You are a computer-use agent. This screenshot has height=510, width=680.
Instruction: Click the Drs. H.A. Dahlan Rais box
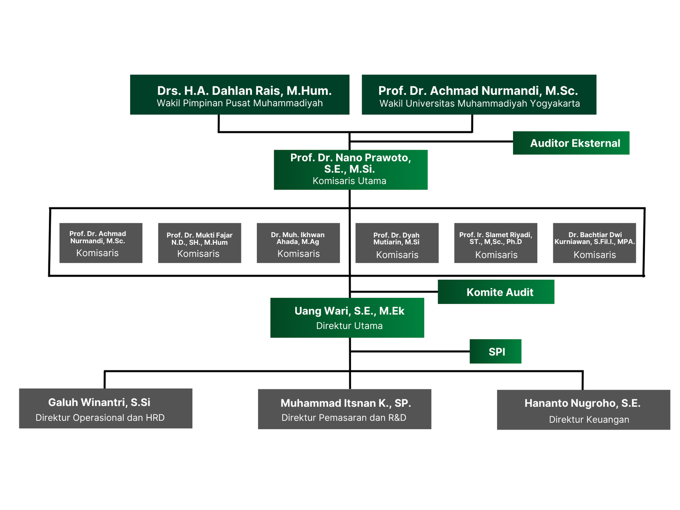[240, 95]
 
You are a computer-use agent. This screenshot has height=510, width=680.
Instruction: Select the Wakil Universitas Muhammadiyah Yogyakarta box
[479, 95]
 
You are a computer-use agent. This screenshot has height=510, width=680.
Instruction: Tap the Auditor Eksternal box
[571, 143]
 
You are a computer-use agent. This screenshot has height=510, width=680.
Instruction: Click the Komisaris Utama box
[350, 170]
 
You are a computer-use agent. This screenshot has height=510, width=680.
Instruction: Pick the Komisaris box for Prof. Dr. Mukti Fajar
[199, 243]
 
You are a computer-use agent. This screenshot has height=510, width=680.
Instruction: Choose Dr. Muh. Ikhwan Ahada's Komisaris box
[298, 243]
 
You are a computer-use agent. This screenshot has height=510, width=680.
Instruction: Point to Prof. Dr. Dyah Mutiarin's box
[397, 243]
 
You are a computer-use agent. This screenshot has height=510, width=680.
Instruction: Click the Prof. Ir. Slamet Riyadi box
[496, 243]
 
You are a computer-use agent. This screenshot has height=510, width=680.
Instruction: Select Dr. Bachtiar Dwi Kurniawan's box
[594, 243]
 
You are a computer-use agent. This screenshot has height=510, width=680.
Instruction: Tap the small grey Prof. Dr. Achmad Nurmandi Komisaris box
[101, 243]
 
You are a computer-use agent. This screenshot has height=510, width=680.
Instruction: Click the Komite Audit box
[496, 292]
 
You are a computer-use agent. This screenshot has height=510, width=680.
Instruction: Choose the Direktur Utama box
[347, 318]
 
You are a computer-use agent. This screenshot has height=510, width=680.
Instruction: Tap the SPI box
[495, 351]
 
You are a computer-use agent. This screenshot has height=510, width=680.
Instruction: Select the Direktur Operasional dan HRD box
[105, 408]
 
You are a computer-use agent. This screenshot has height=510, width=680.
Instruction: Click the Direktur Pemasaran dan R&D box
[344, 409]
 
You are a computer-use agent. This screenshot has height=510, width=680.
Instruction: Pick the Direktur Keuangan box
[584, 410]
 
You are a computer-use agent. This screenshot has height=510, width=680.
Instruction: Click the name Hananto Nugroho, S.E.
[582, 403]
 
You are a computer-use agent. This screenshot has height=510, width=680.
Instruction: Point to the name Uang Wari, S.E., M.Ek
[349, 311]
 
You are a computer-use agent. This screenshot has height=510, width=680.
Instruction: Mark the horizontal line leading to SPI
[410, 351]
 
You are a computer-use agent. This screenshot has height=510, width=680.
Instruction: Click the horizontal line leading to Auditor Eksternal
[431, 142]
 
